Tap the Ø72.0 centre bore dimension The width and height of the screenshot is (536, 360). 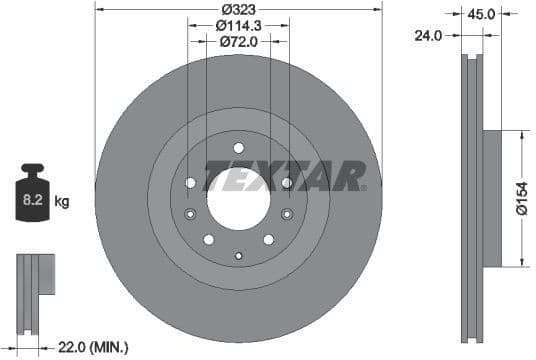[x=238, y=42]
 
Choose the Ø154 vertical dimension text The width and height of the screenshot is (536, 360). [x=522, y=198]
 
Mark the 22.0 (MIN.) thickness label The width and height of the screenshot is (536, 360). [x=93, y=347]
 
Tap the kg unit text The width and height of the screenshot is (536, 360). [x=62, y=202]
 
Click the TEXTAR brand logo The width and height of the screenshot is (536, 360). [x=285, y=177]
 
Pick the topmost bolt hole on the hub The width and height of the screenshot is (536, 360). [x=238, y=148]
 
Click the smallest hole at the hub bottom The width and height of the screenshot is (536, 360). [x=238, y=256]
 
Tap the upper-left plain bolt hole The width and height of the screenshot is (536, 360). [x=190, y=182]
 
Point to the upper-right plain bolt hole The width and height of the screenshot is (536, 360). [x=286, y=182]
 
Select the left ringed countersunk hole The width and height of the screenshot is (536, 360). [x=190, y=214]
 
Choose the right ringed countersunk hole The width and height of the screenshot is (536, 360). [x=286, y=214]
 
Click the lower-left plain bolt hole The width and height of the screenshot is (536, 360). [x=208, y=239]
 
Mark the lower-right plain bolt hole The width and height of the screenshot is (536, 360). [x=268, y=239]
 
